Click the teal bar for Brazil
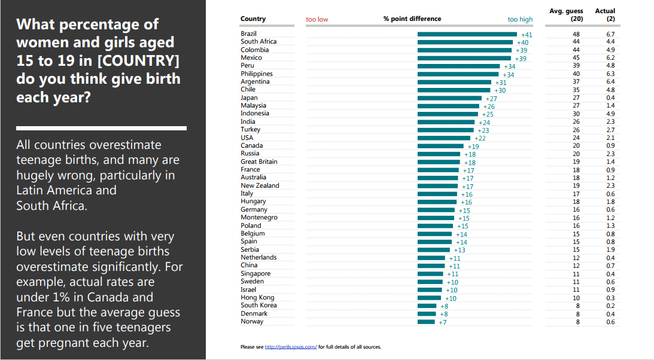pos(468,34)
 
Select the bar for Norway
pos(426,322)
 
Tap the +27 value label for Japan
pos(491,99)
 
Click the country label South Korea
pos(258,306)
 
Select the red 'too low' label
pos(317,19)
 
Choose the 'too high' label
pos(520,19)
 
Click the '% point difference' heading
pos(412,19)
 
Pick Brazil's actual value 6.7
pos(610,34)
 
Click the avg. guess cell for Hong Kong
pos(576,298)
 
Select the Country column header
pos(253,19)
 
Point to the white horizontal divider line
pos(101,128)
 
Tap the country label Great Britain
pos(258,161)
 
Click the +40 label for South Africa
pos(522,42)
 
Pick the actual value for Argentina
pos(610,81)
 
